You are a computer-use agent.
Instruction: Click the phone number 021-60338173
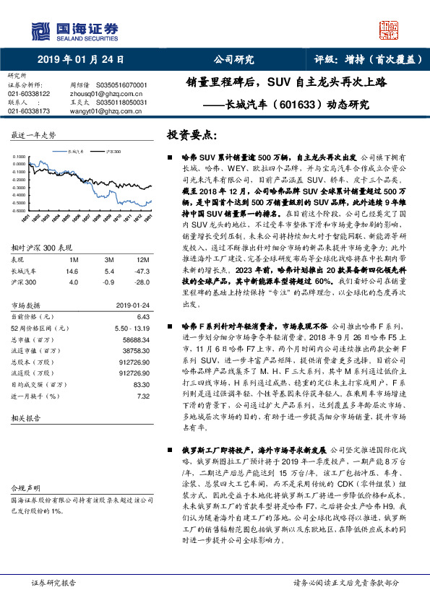[x=29, y=111]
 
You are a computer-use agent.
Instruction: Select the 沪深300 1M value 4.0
[x=72, y=282]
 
